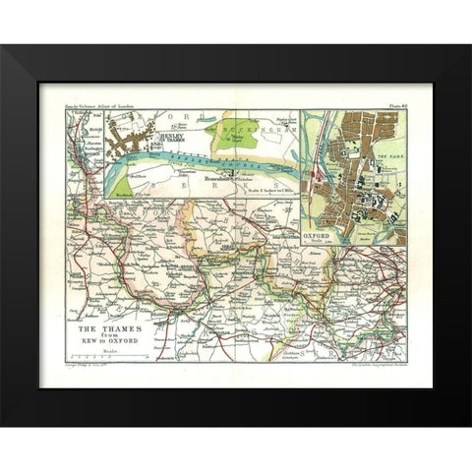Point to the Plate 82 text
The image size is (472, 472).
[392, 101]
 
